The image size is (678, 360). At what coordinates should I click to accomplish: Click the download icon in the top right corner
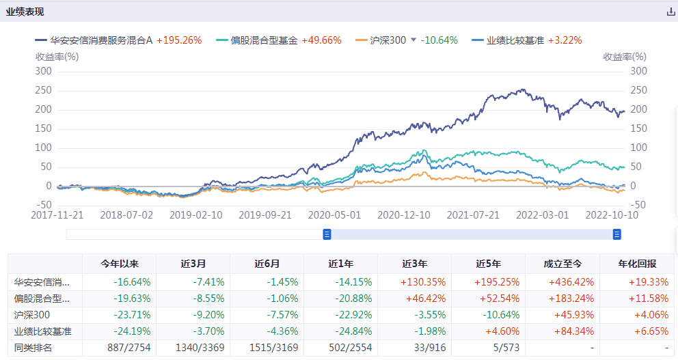click(x=670, y=12)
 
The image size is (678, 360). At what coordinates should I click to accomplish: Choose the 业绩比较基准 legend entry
click(x=515, y=40)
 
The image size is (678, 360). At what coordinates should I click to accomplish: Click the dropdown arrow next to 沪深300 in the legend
click(x=413, y=40)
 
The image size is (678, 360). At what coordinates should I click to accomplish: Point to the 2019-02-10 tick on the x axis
click(x=196, y=214)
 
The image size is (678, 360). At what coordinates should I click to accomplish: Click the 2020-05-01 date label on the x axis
click(x=334, y=214)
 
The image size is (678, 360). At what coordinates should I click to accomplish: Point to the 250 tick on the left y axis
click(x=44, y=90)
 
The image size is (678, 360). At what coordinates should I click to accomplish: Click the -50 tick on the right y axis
click(x=638, y=205)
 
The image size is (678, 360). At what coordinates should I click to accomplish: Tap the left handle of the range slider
click(x=327, y=234)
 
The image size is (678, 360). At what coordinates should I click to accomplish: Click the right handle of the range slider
click(x=617, y=234)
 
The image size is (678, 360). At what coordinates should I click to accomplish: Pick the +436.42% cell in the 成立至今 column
click(x=562, y=281)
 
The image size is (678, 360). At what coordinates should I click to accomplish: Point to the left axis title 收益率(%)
click(x=57, y=57)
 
